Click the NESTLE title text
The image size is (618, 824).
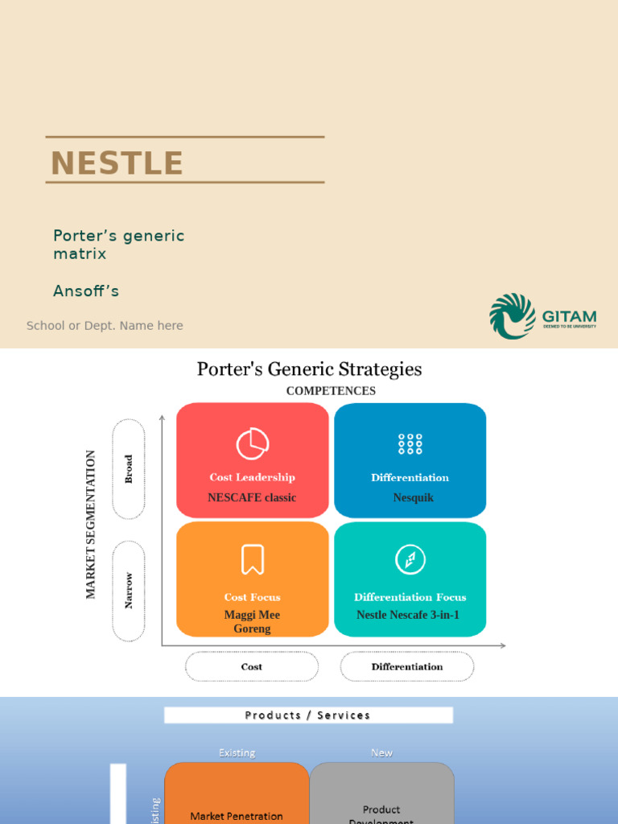[x=117, y=163]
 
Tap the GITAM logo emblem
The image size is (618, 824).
[x=513, y=315]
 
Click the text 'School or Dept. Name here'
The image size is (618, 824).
[x=105, y=326]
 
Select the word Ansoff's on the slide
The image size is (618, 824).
[x=86, y=291]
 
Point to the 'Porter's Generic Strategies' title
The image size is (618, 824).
[x=309, y=369]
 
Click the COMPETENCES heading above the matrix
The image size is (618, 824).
[x=331, y=391]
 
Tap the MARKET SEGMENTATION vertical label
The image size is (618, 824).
[x=91, y=524]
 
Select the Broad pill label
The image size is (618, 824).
[x=129, y=469]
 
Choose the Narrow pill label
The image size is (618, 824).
[x=129, y=591]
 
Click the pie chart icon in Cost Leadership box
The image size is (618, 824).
[x=252, y=443]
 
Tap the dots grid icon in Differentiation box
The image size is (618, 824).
[x=410, y=443]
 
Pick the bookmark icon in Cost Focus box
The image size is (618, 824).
[x=252, y=559]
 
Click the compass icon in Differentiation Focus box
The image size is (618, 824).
[x=410, y=559]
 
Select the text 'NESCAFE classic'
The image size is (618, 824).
[x=252, y=498]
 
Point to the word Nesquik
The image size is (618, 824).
[x=413, y=498]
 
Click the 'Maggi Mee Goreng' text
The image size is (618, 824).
[x=252, y=622]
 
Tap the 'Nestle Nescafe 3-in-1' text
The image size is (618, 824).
[x=408, y=616]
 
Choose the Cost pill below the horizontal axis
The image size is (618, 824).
[x=252, y=666]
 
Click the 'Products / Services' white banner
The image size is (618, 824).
[x=308, y=715]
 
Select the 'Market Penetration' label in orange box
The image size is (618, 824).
[x=237, y=816]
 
